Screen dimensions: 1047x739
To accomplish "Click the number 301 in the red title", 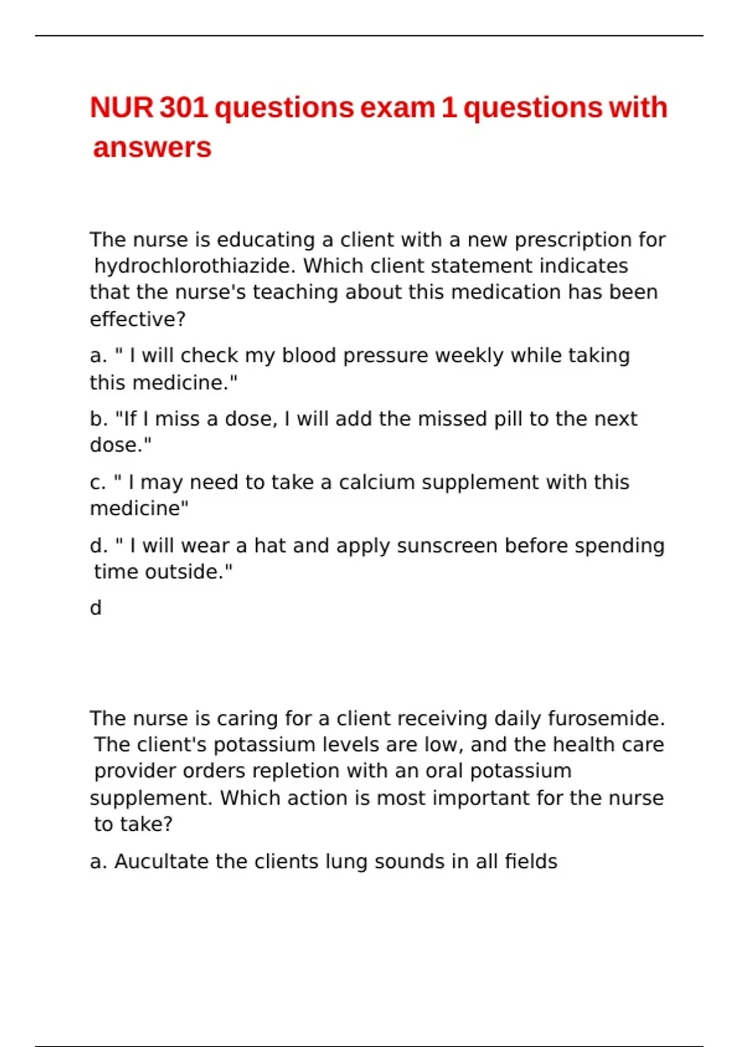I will point(184,108).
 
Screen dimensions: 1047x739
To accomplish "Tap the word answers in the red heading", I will point(152,148).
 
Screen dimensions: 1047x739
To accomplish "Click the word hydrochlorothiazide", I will point(195,266).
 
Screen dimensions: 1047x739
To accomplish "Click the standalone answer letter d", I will point(95,608).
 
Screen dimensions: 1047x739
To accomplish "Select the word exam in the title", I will point(397,108).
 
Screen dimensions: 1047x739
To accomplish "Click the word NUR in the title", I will point(121,108).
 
